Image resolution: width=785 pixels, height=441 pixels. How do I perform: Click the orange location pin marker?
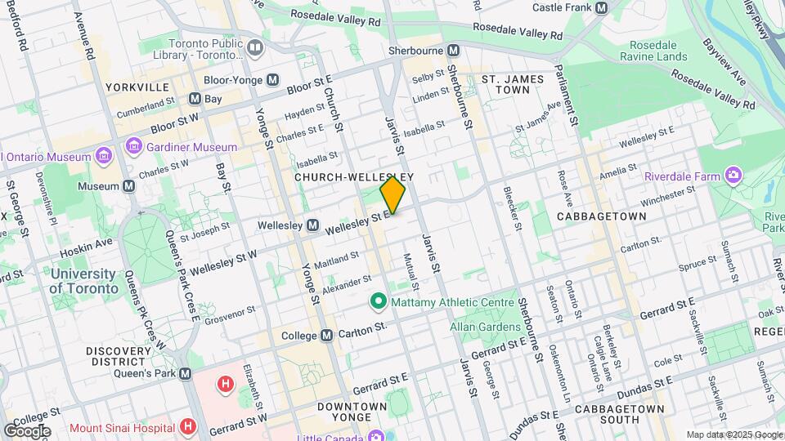coord(392,194)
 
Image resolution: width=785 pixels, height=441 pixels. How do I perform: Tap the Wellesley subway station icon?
coord(312,225)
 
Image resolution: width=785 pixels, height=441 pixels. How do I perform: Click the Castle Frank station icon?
coord(602,7)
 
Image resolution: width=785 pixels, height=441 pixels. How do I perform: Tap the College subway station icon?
coord(326,336)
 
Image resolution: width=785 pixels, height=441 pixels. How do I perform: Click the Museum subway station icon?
coord(129,186)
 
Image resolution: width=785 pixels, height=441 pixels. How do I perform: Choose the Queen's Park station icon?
coord(186,373)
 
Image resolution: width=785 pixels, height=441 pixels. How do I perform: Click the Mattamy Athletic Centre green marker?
coord(378,302)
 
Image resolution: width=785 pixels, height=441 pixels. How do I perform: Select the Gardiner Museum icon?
coord(133,147)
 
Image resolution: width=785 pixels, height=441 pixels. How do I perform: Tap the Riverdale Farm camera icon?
coord(733,176)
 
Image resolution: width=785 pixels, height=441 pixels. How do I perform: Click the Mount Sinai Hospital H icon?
coord(189,425)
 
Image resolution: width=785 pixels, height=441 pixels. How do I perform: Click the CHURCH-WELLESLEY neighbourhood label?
coord(354,177)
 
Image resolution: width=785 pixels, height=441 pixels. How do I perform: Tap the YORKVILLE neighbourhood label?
coord(137,87)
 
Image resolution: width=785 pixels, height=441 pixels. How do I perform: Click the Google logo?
coord(27,430)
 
